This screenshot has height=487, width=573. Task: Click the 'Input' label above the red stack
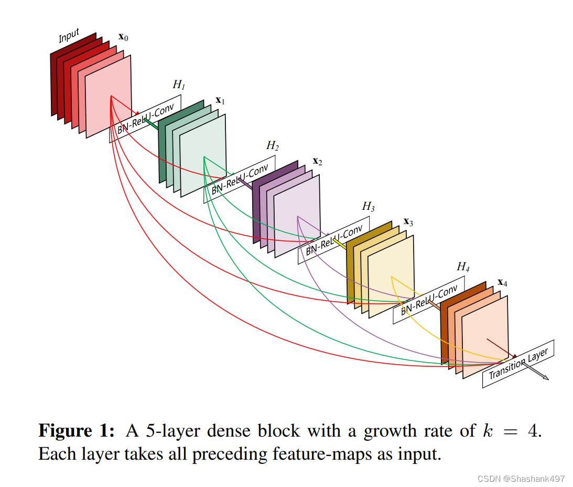pyautogui.click(x=69, y=36)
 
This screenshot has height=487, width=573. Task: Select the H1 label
pyautogui.click(x=179, y=84)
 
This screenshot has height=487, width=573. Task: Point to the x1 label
pyautogui.click(x=220, y=100)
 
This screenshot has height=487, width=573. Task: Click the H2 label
pyautogui.click(x=273, y=145)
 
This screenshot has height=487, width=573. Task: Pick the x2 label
pyautogui.click(x=317, y=161)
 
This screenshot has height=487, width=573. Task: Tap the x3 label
pyautogui.click(x=408, y=222)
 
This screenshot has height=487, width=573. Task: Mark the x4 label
pyautogui.click(x=502, y=283)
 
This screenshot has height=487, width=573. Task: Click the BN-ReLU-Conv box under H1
pyautogui.click(x=145, y=119)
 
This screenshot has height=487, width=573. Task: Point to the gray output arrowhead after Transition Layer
pyautogui.click(x=545, y=377)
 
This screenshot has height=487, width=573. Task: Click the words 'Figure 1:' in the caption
pyautogui.click(x=76, y=431)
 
